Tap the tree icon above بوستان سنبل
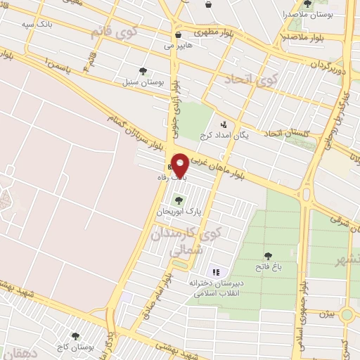pos(143,71)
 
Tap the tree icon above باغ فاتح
pos(267,257)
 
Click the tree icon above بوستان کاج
pos(75,337)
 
